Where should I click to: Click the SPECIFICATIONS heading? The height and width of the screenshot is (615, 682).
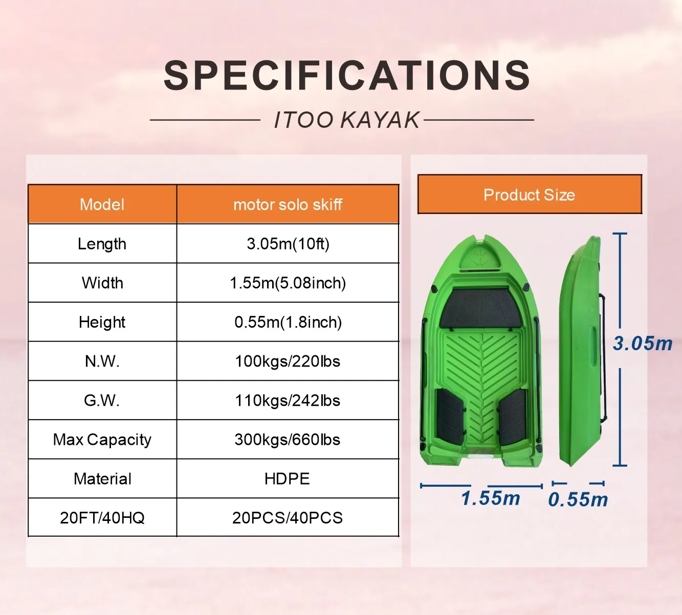346,76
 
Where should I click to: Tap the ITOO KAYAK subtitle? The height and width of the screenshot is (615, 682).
346,120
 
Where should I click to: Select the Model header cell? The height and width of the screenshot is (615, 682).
102,204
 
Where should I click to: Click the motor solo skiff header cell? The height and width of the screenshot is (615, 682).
288,204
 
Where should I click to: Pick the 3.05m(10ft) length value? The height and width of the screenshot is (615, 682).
288,244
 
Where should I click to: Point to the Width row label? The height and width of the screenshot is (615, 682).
102,283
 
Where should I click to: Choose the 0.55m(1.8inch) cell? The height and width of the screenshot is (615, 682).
288,322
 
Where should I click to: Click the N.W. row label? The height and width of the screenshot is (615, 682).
102,361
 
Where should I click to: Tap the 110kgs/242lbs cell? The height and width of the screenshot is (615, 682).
288,400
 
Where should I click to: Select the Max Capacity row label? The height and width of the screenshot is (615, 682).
102,440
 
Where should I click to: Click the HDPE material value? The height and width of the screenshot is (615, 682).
288,479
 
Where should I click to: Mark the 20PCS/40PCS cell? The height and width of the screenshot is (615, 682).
288,518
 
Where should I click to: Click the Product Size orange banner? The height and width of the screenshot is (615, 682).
530,195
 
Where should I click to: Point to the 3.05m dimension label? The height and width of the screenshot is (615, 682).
643,344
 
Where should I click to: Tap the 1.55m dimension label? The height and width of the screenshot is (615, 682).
490,498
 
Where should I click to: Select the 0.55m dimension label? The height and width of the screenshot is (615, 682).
578,499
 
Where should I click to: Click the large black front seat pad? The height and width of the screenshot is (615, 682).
481,308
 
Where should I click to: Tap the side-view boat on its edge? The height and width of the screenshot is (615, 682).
581,353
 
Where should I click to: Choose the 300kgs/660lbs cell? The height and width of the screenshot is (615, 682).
288,440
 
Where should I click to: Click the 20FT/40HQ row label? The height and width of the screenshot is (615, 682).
102,518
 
